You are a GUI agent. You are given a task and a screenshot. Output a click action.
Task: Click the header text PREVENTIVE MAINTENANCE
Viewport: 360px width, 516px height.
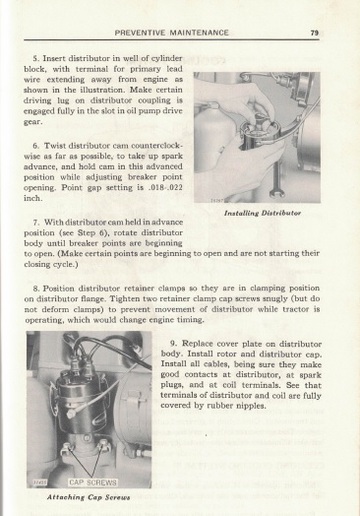tap(172, 33)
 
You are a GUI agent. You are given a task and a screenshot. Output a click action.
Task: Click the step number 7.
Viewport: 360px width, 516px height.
tap(37, 219)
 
